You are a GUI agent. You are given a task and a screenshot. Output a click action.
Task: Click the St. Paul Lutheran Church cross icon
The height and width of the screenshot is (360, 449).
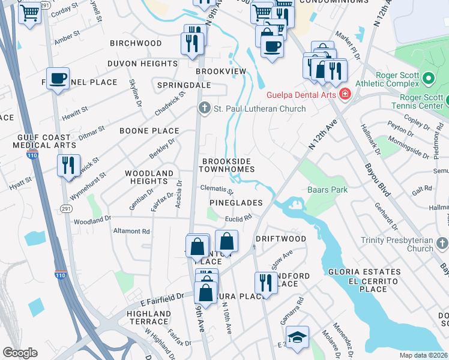204,109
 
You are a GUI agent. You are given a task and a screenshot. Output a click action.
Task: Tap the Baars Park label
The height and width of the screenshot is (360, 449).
327,190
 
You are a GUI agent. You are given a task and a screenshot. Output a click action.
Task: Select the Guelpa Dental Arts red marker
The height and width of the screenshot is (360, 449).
345,94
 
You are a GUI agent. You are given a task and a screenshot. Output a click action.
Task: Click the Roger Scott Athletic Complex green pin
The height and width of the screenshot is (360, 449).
428,79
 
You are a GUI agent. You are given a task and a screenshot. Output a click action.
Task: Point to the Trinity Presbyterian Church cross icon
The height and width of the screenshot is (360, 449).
442,243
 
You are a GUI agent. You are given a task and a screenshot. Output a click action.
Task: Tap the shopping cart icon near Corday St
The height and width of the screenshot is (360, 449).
29,12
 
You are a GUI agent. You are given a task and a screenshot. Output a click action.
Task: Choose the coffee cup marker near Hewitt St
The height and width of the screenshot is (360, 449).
58,78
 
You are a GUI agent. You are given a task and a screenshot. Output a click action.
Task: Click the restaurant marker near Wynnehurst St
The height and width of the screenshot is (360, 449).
68,163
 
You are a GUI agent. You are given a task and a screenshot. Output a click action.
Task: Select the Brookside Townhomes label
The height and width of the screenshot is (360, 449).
228,165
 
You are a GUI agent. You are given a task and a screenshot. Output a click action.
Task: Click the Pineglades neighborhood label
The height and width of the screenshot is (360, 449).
236,203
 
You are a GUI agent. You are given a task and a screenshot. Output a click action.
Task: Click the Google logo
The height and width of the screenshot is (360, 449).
20,352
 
